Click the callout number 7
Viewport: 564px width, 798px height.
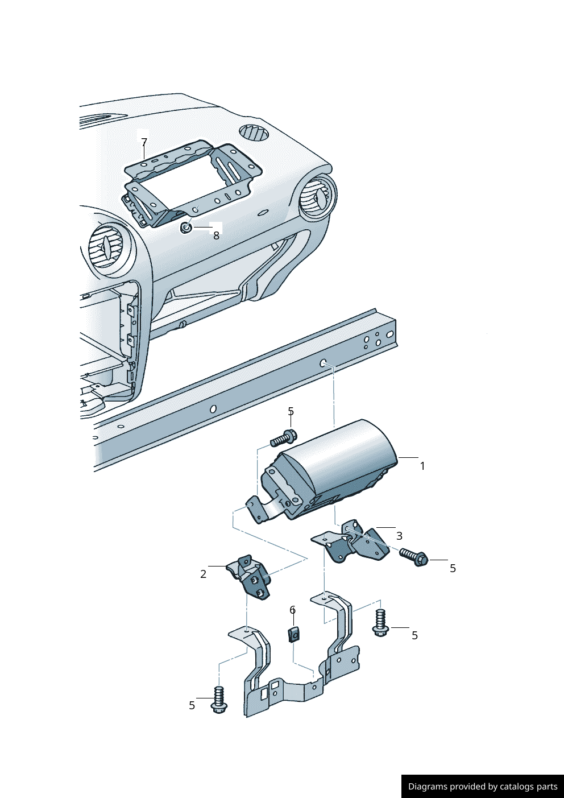144,142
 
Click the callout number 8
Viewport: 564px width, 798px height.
216,235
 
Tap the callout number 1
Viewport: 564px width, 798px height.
422,466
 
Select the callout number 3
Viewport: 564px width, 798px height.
400,536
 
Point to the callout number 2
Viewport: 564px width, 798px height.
203,574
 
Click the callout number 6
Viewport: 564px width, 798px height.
293,610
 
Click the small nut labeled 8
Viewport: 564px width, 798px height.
186,228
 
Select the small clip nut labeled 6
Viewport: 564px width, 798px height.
293,634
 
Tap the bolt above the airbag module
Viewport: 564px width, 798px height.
283,439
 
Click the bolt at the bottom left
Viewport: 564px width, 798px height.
219,700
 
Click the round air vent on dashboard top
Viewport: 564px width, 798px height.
254,132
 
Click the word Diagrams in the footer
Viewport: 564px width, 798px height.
428,787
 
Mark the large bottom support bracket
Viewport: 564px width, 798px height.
301,671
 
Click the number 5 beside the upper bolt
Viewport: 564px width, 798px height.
291,411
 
